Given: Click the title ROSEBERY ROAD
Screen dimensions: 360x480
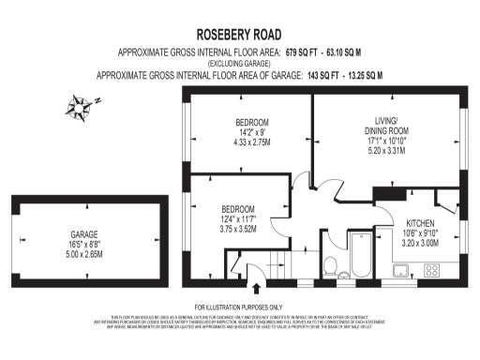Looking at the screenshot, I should tap(239, 31).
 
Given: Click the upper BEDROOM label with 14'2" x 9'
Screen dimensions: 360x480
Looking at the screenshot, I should tap(251, 123).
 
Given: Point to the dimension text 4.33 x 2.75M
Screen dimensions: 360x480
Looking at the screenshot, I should tap(251, 142).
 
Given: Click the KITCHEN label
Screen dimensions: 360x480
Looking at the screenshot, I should tap(419, 223).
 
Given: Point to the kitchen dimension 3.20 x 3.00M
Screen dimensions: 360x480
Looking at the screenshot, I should tap(419, 243).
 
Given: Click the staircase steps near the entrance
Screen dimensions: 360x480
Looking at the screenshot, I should tap(252, 258).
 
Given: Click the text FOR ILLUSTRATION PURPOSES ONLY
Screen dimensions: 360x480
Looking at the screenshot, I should tap(239, 307).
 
